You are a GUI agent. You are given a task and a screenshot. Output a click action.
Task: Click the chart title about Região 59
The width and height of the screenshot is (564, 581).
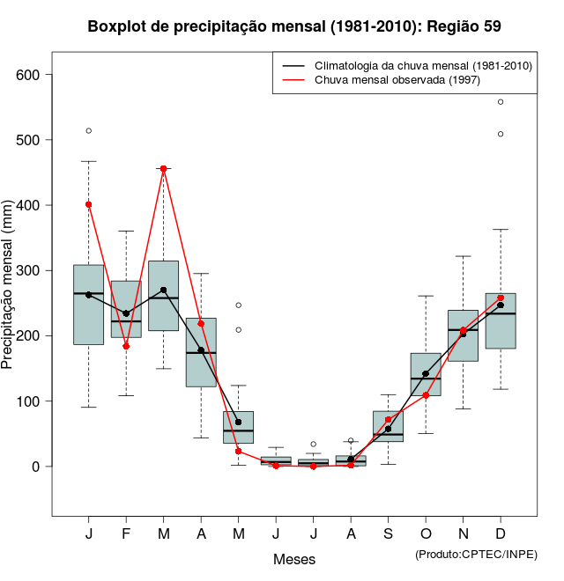click(x=294, y=26)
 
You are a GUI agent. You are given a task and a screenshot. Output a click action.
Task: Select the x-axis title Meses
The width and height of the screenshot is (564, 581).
click(x=294, y=559)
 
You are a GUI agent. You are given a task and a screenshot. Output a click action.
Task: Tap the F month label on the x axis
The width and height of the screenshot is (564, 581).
click(x=126, y=534)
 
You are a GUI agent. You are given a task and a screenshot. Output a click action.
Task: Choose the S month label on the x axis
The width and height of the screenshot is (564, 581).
click(x=388, y=534)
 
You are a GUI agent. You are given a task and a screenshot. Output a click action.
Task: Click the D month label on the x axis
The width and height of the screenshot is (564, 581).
click(x=501, y=534)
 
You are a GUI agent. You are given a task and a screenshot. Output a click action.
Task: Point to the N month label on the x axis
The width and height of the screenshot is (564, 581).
click(x=463, y=534)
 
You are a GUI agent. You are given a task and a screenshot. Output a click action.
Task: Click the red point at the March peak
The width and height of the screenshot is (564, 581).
click(x=164, y=168)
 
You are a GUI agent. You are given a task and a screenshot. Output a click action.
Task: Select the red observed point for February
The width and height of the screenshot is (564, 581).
click(x=126, y=346)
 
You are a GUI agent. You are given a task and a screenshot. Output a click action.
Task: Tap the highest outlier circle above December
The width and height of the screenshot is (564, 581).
click(x=501, y=102)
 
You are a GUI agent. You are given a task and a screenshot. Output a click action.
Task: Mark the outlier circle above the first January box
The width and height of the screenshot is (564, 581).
click(x=89, y=131)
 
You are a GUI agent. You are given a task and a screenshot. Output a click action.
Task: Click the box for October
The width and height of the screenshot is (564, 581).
click(x=426, y=374)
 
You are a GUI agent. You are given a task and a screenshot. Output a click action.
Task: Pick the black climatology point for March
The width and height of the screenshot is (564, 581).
click(x=164, y=290)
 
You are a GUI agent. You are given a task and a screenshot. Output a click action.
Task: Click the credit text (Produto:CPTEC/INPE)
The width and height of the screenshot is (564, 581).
click(x=476, y=554)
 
